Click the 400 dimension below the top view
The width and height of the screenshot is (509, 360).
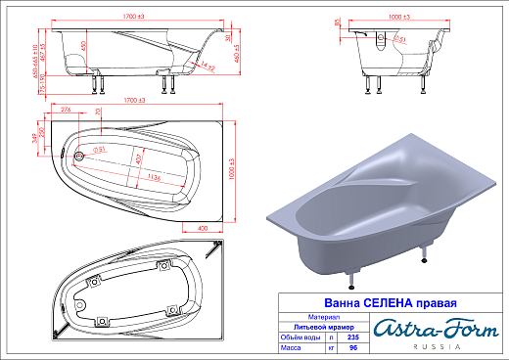click(x=201, y=228)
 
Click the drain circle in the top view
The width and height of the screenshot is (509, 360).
click(x=79, y=154)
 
